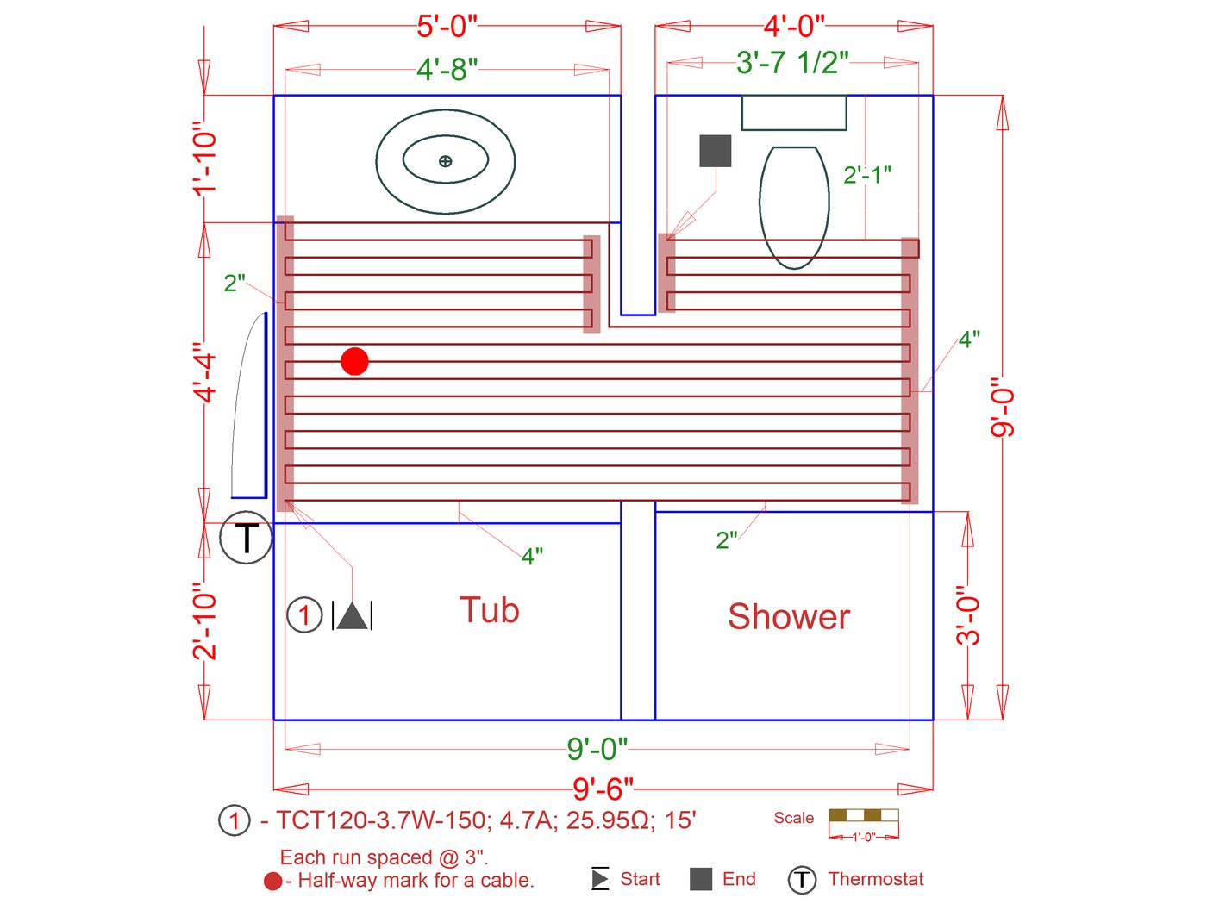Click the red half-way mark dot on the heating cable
pyautogui.click(x=354, y=361)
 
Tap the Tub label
pyautogui.click(x=489, y=609)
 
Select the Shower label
pyautogui.click(x=789, y=616)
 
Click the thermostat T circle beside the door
pyautogui.click(x=246, y=538)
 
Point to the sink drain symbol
pyautogui.click(x=446, y=161)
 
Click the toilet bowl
pyautogui.click(x=794, y=208)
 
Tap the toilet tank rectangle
pyautogui.click(x=793, y=113)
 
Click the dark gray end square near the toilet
pyautogui.click(x=715, y=151)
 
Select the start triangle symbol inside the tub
pyautogui.click(x=353, y=615)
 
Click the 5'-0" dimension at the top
pyautogui.click(x=447, y=27)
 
